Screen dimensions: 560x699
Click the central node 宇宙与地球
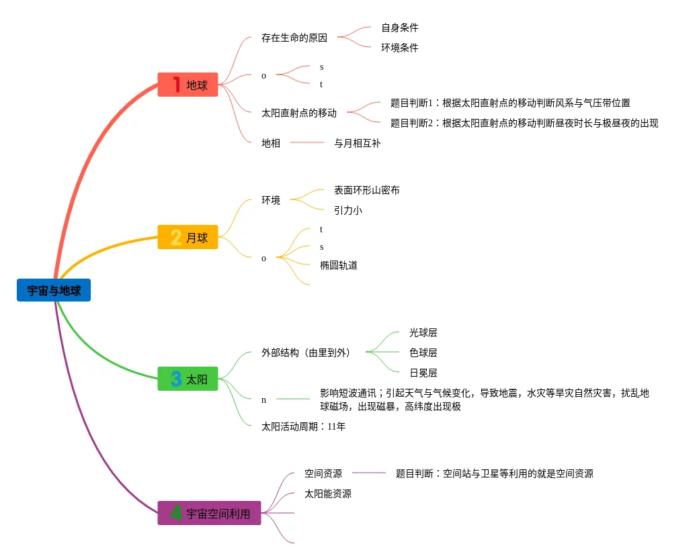(x=54, y=290)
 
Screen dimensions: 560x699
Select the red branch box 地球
(x=188, y=85)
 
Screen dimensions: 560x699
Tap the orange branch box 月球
(x=188, y=237)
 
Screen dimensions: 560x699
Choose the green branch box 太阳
(x=188, y=379)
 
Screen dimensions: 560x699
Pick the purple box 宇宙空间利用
(x=209, y=513)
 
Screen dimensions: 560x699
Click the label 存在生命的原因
(x=294, y=38)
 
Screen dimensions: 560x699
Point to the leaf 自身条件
(x=400, y=28)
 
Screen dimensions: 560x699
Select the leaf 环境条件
(x=400, y=48)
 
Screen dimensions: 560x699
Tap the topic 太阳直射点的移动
(x=299, y=113)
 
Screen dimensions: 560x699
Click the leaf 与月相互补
(x=358, y=143)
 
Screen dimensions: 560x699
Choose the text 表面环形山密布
(x=367, y=190)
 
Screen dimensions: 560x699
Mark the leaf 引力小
(x=348, y=210)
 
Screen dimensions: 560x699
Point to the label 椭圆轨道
(x=339, y=265)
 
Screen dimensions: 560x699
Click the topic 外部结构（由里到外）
(x=306, y=353)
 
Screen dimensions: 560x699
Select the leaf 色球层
(x=423, y=353)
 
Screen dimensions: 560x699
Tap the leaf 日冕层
(x=423, y=373)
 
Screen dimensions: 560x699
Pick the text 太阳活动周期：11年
(x=303, y=426)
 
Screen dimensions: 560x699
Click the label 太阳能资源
(x=328, y=494)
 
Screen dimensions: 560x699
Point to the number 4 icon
(x=176, y=513)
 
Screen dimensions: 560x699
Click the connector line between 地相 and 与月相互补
(x=306, y=143)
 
